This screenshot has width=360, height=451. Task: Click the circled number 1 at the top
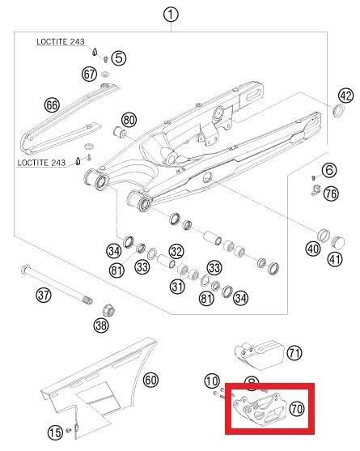[170, 14]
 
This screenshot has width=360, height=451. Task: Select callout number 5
[119, 57]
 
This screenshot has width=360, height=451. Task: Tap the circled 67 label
[90, 74]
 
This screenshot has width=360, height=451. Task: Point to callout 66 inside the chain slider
[53, 105]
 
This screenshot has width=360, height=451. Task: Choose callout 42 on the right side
[346, 96]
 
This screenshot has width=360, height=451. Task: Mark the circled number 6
[329, 170]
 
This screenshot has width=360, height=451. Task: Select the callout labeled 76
[331, 194]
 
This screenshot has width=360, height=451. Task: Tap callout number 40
[313, 249]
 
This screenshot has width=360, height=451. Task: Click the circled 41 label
[335, 260]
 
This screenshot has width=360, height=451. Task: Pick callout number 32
[176, 252]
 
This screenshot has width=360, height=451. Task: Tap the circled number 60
[151, 379]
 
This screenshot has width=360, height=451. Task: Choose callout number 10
[212, 381]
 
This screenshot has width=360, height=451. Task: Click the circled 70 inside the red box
[295, 409]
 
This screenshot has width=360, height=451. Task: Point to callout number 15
[54, 433]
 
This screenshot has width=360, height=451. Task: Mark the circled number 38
[101, 325]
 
